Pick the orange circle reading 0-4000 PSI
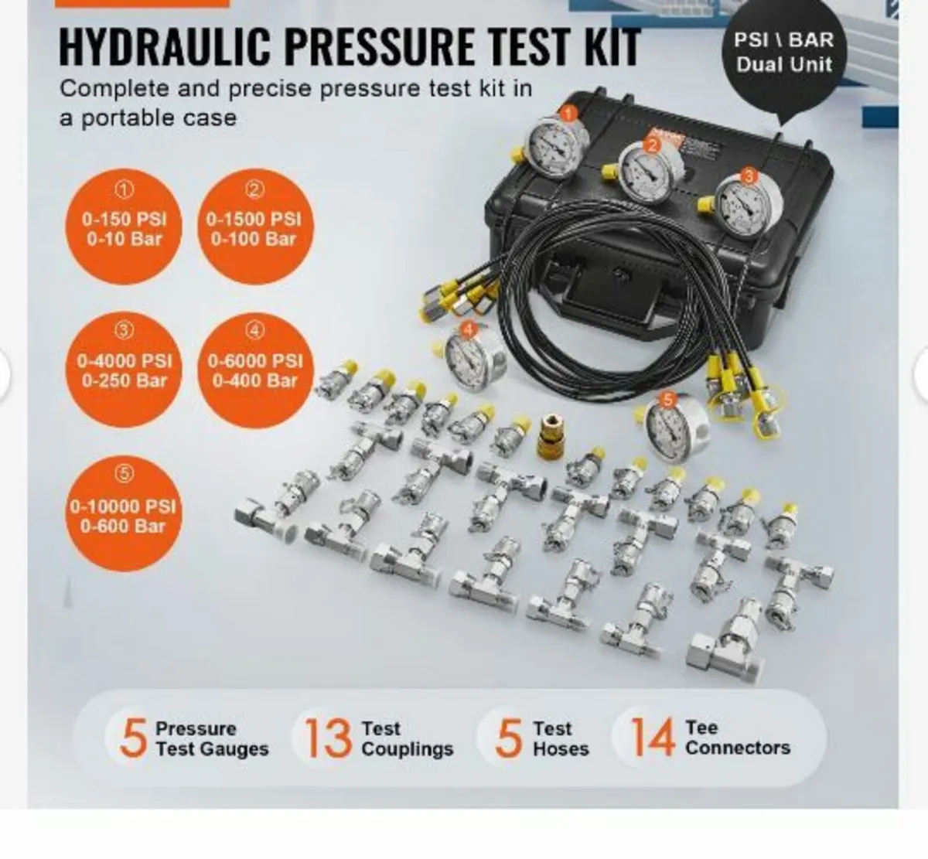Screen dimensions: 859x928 [125, 369]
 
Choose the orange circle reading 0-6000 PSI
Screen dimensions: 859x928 [254, 369]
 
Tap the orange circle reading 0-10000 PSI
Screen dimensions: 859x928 [124, 514]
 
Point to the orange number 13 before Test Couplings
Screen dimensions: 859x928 [327, 738]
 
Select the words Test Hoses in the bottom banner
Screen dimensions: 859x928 [561, 738]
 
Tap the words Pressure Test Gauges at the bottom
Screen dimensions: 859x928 [211, 738]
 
